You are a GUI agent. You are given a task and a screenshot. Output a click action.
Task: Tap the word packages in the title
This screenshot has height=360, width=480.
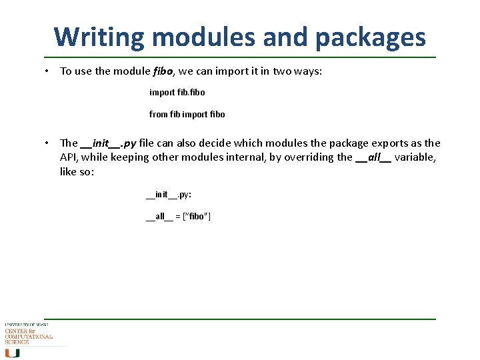coord(370,37)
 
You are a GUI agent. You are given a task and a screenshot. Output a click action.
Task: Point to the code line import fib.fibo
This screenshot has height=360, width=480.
coord(177,92)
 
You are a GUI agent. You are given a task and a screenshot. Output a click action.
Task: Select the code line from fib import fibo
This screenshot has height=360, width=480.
coord(187,114)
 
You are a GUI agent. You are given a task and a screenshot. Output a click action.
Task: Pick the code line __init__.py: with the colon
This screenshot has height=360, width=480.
coord(169,195)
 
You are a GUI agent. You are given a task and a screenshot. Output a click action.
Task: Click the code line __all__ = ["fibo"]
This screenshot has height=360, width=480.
coord(178,217)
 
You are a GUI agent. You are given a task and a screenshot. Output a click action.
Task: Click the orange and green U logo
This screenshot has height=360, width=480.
coord(13,353)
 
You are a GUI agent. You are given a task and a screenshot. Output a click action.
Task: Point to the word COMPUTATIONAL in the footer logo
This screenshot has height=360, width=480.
coord(29,337)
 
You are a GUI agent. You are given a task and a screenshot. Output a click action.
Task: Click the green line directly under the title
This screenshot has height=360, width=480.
coord(240,57)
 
